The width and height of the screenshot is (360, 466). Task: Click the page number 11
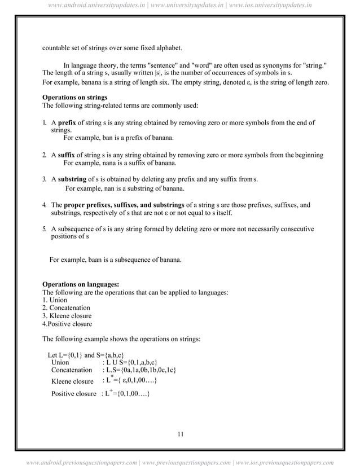coord(180,433)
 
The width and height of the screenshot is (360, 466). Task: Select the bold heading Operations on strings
coord(75,98)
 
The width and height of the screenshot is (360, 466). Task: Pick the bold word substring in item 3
coord(73,180)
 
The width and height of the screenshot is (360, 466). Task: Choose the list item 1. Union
coord(51,300)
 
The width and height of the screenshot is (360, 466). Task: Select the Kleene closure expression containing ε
coord(129,381)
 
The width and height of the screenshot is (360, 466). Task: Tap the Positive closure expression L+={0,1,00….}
coord(126,393)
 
